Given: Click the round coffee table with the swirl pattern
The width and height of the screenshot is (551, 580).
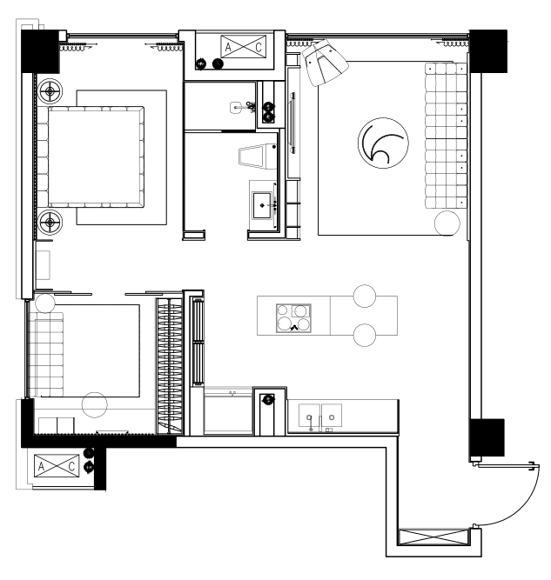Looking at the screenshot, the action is pos(383,143).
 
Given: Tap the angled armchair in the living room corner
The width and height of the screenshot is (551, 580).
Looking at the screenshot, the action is pos(325,62).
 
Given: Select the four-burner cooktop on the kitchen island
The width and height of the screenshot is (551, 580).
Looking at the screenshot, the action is pos(293,318).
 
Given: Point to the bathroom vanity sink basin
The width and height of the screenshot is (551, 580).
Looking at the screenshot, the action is pos(262,205).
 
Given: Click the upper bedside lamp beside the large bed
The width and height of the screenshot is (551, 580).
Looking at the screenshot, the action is pos(50,91).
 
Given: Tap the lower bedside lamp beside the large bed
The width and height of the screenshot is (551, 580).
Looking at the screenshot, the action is pos(50,222).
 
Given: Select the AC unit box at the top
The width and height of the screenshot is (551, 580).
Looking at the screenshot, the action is pos(243,47).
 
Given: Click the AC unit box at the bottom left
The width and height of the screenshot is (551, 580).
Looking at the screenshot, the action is pos(57,466).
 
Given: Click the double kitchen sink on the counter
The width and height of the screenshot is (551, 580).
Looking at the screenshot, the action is pos(320,417).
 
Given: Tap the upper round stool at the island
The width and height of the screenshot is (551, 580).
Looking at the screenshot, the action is pos(365,296).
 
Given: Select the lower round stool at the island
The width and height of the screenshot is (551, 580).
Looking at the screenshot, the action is pos(365,335).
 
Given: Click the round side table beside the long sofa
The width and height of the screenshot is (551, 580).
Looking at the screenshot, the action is pos(447,223).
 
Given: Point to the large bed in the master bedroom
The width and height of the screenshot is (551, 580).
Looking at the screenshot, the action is pos(95,157).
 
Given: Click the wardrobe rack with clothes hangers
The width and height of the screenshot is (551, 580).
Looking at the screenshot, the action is pos(170,365).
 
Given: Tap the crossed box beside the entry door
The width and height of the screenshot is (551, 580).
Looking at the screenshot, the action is pos(433,537).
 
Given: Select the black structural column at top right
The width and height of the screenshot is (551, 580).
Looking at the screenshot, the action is pos(488,51).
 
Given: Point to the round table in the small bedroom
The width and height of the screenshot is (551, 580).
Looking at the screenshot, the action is pos(94,404).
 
